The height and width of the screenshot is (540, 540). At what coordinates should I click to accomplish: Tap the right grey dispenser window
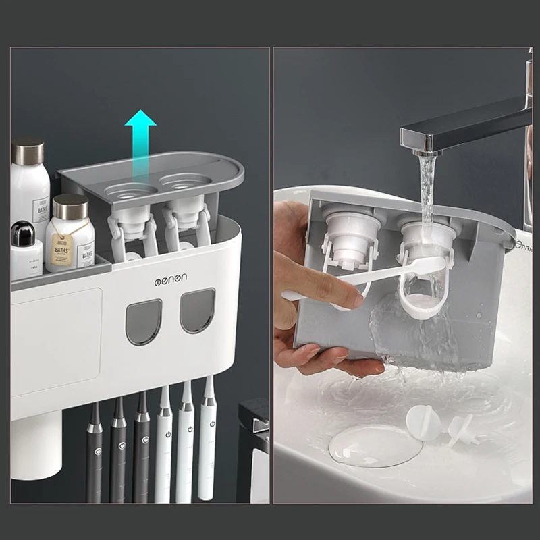[x=197, y=310]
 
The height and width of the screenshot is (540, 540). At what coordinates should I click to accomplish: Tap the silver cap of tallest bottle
[x=28, y=151]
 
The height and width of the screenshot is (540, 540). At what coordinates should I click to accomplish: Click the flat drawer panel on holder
[x=57, y=341]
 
